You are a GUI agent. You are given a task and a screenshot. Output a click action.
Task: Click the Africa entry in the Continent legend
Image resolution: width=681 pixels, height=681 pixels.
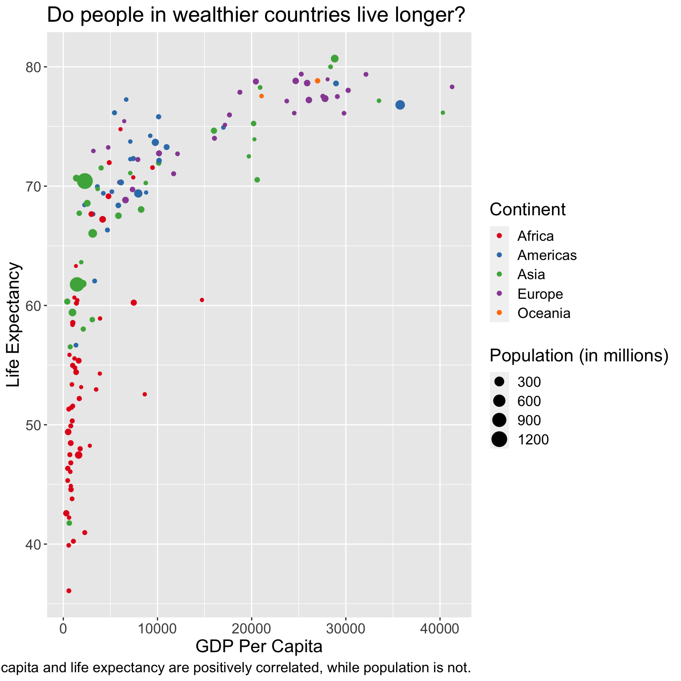pyautogui.click(x=535, y=236)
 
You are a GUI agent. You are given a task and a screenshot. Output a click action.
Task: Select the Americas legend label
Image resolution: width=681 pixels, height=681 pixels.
pyautogui.click(x=547, y=255)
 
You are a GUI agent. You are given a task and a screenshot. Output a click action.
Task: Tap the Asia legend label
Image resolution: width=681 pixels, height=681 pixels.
pyautogui.click(x=531, y=275)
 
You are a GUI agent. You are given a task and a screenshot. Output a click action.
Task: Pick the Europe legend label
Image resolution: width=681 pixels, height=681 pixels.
pyautogui.click(x=540, y=294)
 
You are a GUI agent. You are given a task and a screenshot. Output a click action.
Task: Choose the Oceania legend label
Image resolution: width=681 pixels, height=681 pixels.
pyautogui.click(x=544, y=313)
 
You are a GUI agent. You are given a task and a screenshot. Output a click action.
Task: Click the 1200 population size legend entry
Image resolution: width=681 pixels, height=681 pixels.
pyautogui.click(x=533, y=439)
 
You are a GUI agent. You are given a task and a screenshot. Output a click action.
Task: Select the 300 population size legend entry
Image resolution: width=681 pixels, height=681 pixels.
pyautogui.click(x=529, y=382)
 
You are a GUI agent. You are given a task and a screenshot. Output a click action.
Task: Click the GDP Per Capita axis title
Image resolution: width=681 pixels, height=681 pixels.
pyautogui.click(x=259, y=646)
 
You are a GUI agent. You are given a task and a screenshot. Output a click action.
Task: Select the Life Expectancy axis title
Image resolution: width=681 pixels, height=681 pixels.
pyautogui.click(x=14, y=324)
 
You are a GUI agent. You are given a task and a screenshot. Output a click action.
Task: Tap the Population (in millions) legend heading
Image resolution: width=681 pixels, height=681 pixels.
pyautogui.click(x=579, y=356)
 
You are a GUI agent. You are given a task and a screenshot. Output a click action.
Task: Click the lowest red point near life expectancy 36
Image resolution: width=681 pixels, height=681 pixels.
pyautogui.click(x=69, y=591)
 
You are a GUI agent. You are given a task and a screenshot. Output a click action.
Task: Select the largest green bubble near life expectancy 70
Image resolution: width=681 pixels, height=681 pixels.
pyautogui.click(x=85, y=181)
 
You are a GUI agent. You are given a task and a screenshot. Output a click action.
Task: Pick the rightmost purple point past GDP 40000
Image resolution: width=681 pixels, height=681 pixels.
pyautogui.click(x=452, y=87)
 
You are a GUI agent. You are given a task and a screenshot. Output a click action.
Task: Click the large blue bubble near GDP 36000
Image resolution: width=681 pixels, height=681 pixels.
pyautogui.click(x=400, y=105)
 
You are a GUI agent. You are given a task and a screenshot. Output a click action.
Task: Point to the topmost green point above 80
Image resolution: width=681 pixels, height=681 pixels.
pyautogui.click(x=335, y=59)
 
